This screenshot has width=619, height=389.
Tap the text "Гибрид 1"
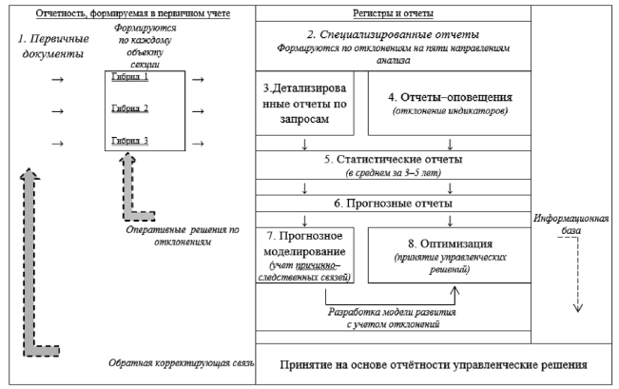(131, 77)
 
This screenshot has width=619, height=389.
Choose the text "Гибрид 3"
(131, 140)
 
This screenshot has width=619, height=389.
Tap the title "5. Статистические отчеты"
(392, 160)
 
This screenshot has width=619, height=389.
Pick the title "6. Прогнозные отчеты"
(392, 204)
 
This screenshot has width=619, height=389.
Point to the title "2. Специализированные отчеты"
(392, 35)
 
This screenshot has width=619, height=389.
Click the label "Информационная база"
(573, 224)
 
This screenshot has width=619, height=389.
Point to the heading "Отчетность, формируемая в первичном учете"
(132, 14)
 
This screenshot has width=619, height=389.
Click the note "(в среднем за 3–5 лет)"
(392, 172)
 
